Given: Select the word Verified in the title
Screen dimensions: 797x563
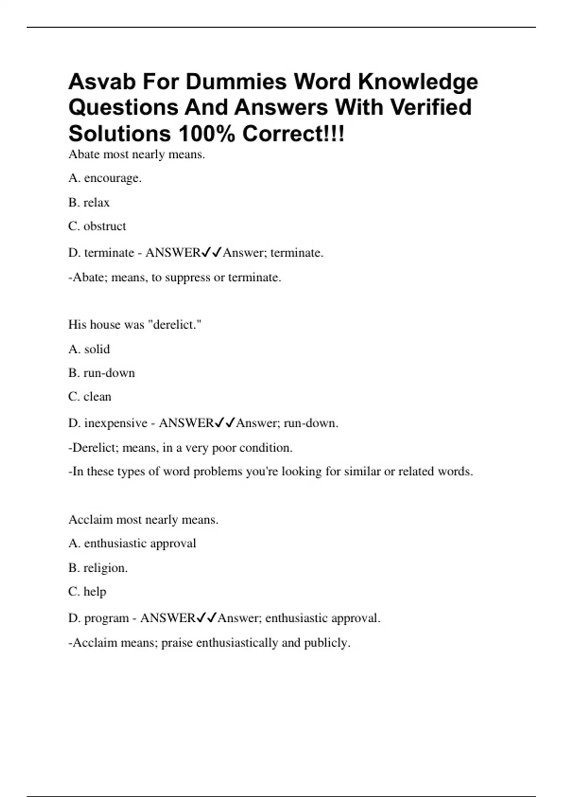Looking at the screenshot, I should coord(431,107).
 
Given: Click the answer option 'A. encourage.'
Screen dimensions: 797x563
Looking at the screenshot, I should coord(105,178).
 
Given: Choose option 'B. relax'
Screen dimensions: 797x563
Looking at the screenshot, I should coord(89,203).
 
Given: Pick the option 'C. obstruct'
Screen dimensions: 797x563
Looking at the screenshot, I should coord(97,226).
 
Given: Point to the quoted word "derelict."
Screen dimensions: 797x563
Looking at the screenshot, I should coord(175,324).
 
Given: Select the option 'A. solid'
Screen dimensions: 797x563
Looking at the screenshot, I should coord(89,349).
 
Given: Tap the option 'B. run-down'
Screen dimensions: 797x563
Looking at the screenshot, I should coord(101,373).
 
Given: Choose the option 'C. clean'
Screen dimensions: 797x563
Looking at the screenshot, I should coord(90,397).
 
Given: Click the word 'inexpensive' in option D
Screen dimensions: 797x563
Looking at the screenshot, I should coord(116,423).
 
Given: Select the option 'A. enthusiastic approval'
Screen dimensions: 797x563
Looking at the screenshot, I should coord(132,543).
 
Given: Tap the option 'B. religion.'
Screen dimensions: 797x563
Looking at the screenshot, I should coord(98,568).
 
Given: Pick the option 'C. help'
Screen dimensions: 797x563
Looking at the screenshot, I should coord(87,592).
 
